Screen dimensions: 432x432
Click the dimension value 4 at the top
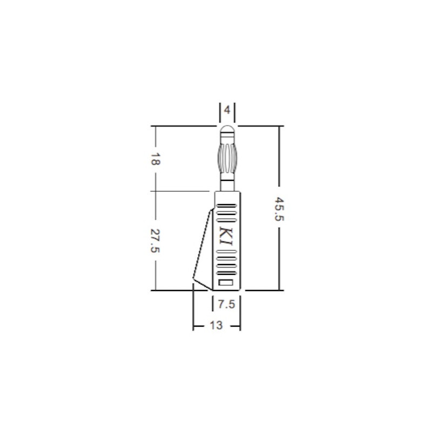[227, 110]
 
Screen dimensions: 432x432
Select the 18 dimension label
[156, 159]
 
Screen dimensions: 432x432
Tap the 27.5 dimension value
[156, 240]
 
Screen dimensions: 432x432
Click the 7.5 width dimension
[226, 305]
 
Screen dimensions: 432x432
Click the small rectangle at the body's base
[226, 282]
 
